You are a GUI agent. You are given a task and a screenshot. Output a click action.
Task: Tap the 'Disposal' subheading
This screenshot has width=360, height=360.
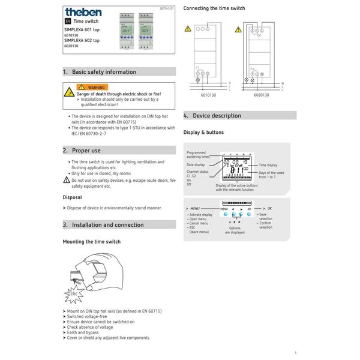click(73, 197)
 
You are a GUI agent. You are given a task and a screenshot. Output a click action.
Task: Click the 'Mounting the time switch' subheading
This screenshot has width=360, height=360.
click(91, 241)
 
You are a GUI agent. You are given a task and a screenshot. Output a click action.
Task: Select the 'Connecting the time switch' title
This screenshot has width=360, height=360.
click(214, 9)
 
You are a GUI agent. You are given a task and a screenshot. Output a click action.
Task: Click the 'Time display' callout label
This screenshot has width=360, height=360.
click(268, 164)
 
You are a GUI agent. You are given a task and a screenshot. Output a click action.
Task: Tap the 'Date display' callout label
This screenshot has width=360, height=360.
click(196, 164)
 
